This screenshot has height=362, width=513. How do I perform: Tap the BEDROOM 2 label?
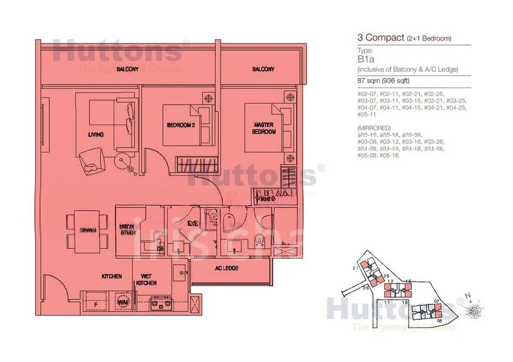coord(180,125)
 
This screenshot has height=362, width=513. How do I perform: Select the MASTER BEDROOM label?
coord(264,128)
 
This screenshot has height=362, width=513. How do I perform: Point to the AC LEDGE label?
coord(226,268)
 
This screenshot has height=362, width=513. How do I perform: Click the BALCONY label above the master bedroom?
coord(263,69)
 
